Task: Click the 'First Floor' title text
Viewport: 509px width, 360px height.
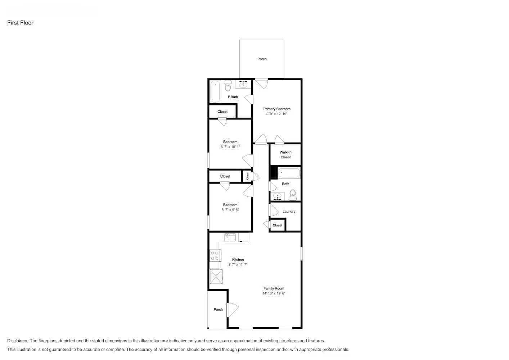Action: [20, 23]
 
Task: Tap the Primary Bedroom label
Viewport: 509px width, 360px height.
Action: [276, 109]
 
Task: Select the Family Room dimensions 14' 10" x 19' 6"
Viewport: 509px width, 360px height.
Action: [274, 293]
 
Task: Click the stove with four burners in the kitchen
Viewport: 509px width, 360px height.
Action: [215, 256]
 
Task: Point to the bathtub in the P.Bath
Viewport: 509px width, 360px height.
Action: [215, 91]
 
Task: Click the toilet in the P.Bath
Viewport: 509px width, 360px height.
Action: [228, 86]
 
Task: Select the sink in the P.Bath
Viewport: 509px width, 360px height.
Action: [243, 84]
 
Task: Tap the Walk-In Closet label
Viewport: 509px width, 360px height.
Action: [285, 155]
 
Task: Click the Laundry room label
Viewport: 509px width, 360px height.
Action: [289, 211]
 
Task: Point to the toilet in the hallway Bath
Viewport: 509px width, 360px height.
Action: [293, 195]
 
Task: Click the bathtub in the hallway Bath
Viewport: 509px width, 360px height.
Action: [289, 173]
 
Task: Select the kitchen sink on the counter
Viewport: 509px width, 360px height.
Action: [230, 237]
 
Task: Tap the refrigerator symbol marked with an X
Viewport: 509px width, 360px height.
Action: [216, 277]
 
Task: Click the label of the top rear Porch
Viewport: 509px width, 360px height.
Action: [262, 59]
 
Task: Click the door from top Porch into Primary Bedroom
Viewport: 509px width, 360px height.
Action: [262, 83]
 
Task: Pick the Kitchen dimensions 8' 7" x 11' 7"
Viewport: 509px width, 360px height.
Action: [238, 265]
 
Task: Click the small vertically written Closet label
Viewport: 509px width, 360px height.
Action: [247, 176]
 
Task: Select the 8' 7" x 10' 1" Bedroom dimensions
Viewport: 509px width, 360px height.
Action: [230, 147]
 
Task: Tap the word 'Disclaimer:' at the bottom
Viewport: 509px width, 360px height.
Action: [18, 341]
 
